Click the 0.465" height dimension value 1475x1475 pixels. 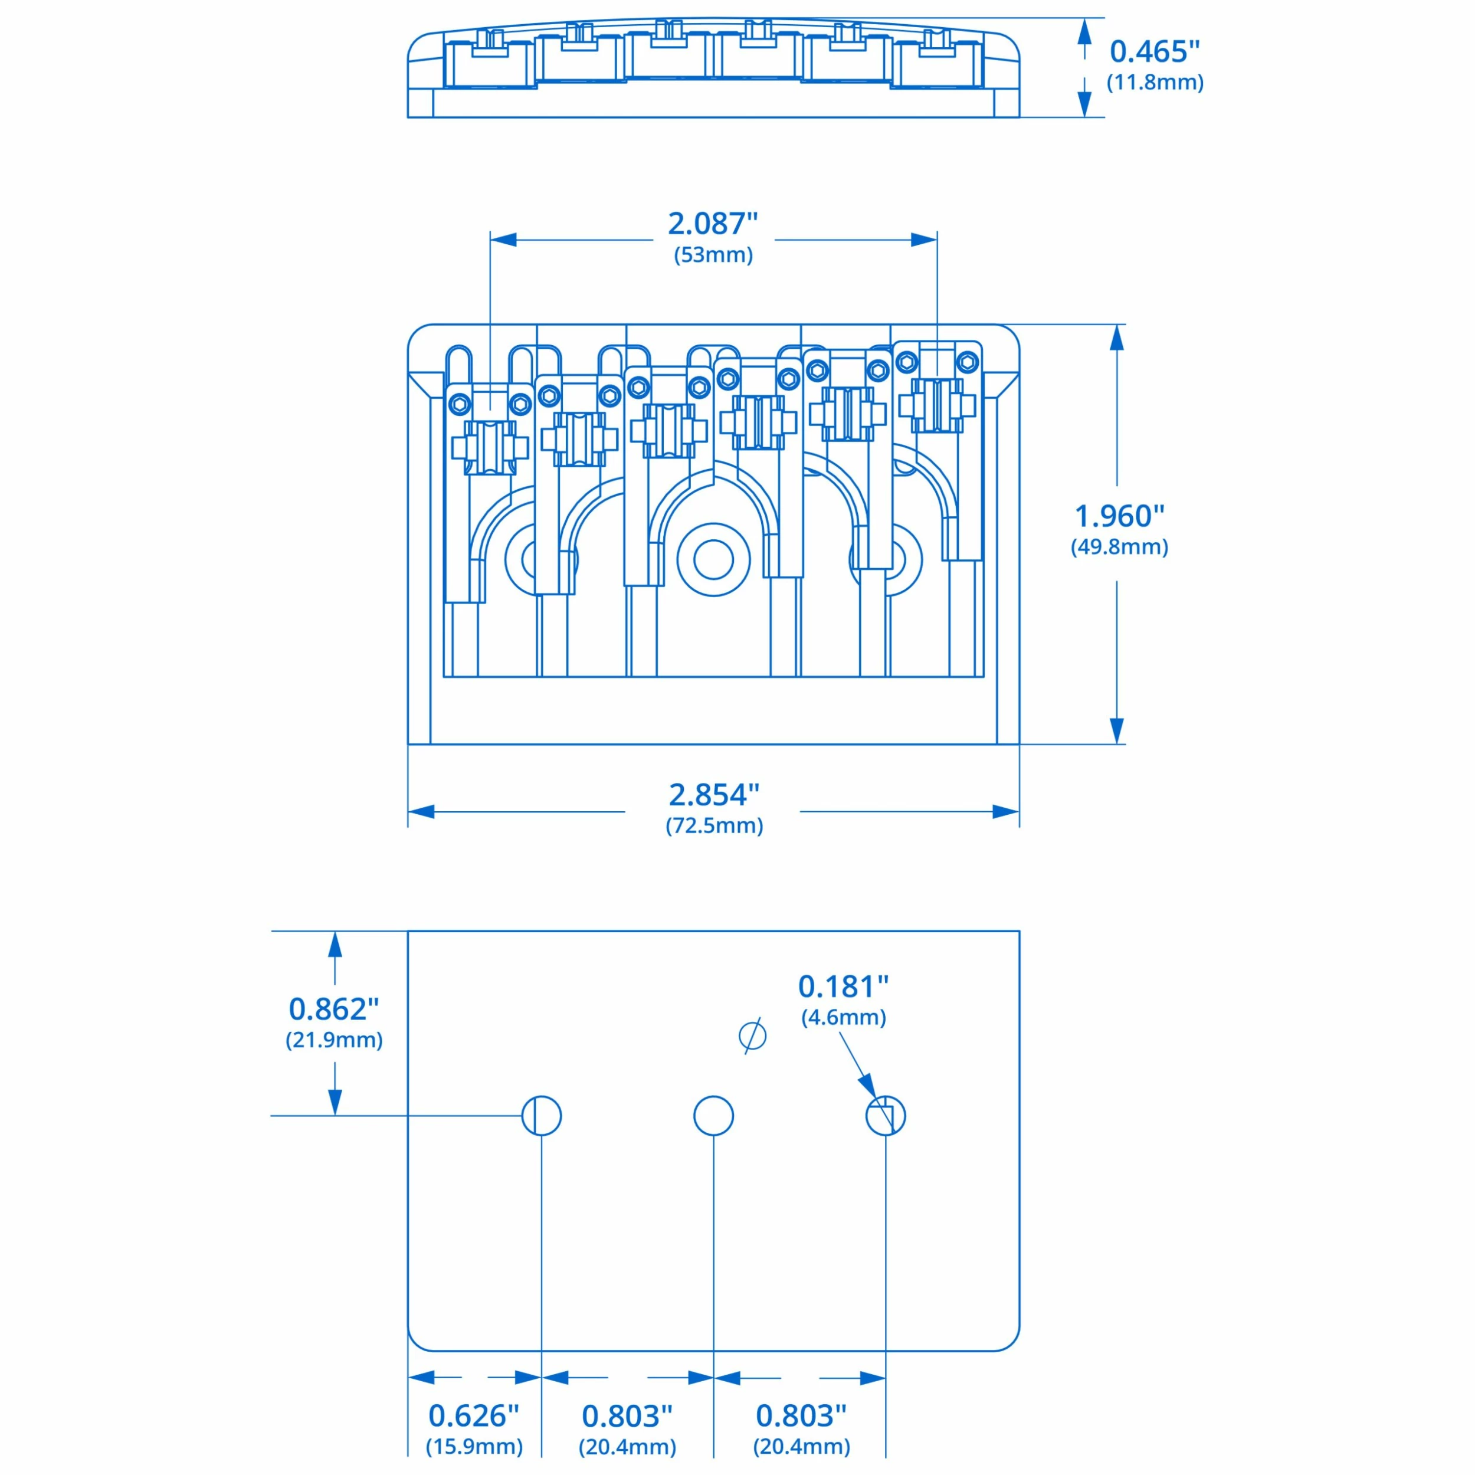tap(1155, 52)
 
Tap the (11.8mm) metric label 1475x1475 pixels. tap(1155, 83)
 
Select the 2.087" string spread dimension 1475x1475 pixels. tap(713, 224)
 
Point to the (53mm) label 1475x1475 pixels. tap(713, 255)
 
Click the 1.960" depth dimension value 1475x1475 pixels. tap(1119, 516)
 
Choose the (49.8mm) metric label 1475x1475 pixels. tap(1119, 547)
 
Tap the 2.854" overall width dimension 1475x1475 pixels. tap(714, 795)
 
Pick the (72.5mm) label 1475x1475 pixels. tap(714, 825)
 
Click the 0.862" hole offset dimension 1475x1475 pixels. tap(333, 1009)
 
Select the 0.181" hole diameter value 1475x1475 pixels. tap(843, 986)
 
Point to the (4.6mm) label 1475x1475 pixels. tap(843, 1018)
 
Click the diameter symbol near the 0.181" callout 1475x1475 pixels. tap(753, 1036)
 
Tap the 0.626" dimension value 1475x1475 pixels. tap(473, 1415)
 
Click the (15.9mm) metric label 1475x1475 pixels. tap(473, 1446)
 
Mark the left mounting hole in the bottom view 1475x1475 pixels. tap(541, 1116)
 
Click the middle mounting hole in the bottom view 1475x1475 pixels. tap(713, 1116)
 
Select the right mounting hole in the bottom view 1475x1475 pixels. tap(886, 1116)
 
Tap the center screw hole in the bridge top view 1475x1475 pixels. tap(713, 559)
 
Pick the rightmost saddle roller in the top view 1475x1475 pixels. tap(937, 405)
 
